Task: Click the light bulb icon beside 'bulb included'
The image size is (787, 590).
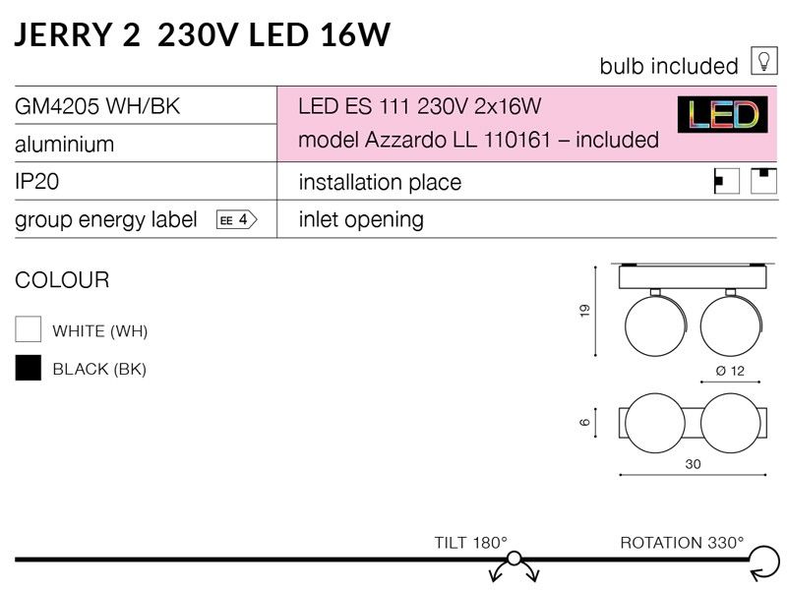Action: pyautogui.click(x=764, y=61)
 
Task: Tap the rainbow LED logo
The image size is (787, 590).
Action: pyautogui.click(x=722, y=114)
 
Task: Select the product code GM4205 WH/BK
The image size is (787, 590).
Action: pyautogui.click(x=97, y=106)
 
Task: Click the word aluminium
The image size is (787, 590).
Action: pyautogui.click(x=64, y=145)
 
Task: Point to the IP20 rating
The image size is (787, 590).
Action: pyautogui.click(x=36, y=181)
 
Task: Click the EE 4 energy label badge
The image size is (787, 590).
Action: pyautogui.click(x=236, y=219)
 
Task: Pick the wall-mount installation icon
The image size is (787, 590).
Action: pyautogui.click(x=726, y=181)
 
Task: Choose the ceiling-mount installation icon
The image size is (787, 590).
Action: pyautogui.click(x=764, y=181)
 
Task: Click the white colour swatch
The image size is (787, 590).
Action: pyautogui.click(x=29, y=329)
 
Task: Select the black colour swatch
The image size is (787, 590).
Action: pyautogui.click(x=29, y=368)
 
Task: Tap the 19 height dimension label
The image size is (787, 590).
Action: pyautogui.click(x=584, y=311)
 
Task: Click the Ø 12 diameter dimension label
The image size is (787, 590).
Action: pyautogui.click(x=730, y=371)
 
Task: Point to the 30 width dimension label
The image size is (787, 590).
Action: pyautogui.click(x=693, y=464)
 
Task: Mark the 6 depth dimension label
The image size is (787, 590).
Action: pyautogui.click(x=584, y=423)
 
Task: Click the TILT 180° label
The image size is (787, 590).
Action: pyautogui.click(x=471, y=543)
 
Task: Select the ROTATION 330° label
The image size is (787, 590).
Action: pyautogui.click(x=682, y=543)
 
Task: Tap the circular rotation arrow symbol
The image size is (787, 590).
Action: pyautogui.click(x=764, y=562)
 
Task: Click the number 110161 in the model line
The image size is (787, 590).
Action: pyautogui.click(x=517, y=140)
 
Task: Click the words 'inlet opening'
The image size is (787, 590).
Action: pyautogui.click(x=361, y=220)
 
